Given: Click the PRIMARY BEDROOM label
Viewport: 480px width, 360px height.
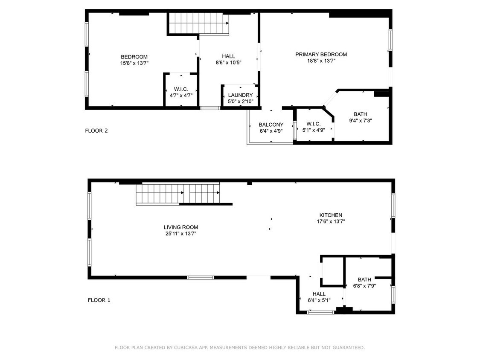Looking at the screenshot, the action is (321, 55).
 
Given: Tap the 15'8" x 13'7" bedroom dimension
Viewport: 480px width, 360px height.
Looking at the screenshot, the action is (134, 64).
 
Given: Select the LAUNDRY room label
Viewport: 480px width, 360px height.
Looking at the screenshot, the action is (240, 95).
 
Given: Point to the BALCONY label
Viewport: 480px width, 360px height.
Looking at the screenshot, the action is (271, 125).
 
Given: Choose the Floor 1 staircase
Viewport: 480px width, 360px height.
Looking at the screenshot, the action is (178, 194).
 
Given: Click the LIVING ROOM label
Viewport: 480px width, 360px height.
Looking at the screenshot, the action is (180, 227).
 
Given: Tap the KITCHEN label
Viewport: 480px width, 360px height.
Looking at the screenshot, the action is (331, 215).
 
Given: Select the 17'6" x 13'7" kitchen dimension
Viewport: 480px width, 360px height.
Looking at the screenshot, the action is (331, 222).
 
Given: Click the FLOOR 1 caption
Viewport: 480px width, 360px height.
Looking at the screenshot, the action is (99, 300).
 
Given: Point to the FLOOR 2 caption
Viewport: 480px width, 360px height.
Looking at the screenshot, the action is (96, 131).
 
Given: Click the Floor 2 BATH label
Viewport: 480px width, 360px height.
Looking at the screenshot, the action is (360, 114).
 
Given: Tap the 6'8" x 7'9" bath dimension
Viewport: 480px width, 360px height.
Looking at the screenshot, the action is (364, 286).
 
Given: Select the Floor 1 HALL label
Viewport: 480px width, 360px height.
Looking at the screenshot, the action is (319, 294).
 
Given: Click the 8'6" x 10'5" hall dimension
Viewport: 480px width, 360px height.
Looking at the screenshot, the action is (228, 63).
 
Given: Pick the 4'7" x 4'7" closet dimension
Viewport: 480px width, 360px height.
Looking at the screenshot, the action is (181, 96).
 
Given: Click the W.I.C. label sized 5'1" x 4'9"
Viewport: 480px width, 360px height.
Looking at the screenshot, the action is (314, 124).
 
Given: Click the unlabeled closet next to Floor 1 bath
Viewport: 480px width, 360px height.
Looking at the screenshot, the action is (332, 270).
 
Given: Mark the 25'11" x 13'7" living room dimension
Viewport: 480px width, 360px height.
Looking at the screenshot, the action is (180, 234).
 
